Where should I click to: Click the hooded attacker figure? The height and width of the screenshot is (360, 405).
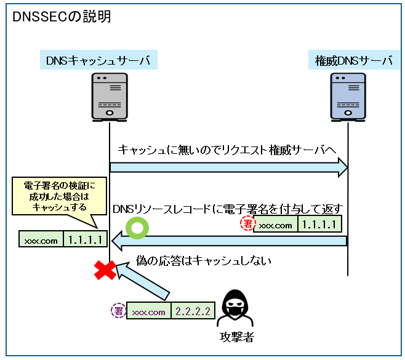pos(238,307)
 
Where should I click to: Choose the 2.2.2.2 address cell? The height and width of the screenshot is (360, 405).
pos(194,312)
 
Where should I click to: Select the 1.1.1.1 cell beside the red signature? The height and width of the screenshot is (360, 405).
pos(319,225)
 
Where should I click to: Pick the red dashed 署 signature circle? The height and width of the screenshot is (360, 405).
pos(246,225)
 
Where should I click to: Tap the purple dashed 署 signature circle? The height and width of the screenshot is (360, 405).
pos(118,311)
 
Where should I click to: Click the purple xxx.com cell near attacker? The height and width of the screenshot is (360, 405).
pos(149,312)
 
